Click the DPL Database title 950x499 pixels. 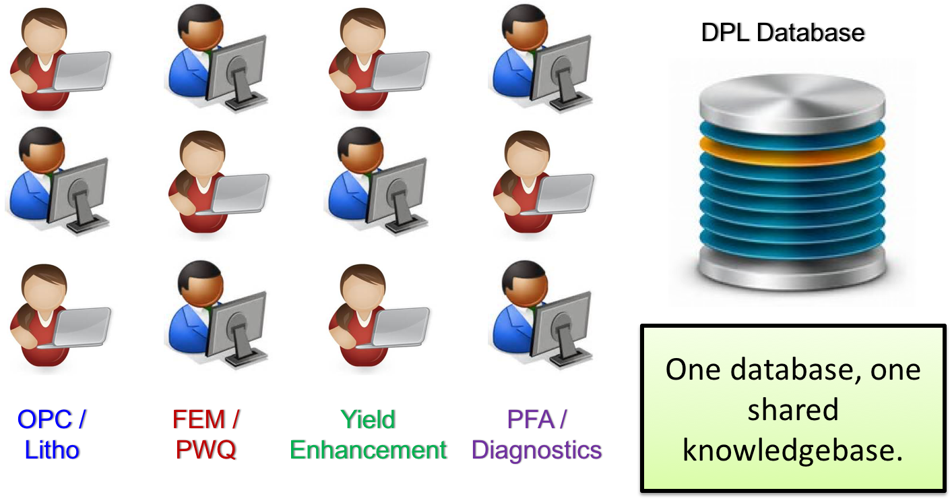(783, 32)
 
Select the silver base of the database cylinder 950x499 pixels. (792, 267)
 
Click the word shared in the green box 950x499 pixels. (792, 410)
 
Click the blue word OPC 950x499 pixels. (44, 419)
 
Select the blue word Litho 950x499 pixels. (52, 450)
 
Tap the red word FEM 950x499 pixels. (199, 419)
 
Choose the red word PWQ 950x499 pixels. (205, 450)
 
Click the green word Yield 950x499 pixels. (368, 419)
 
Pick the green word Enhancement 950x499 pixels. (368, 450)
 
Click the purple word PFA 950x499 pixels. (530, 419)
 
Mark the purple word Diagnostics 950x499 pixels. (537, 450)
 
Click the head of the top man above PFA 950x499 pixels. (524, 26)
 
